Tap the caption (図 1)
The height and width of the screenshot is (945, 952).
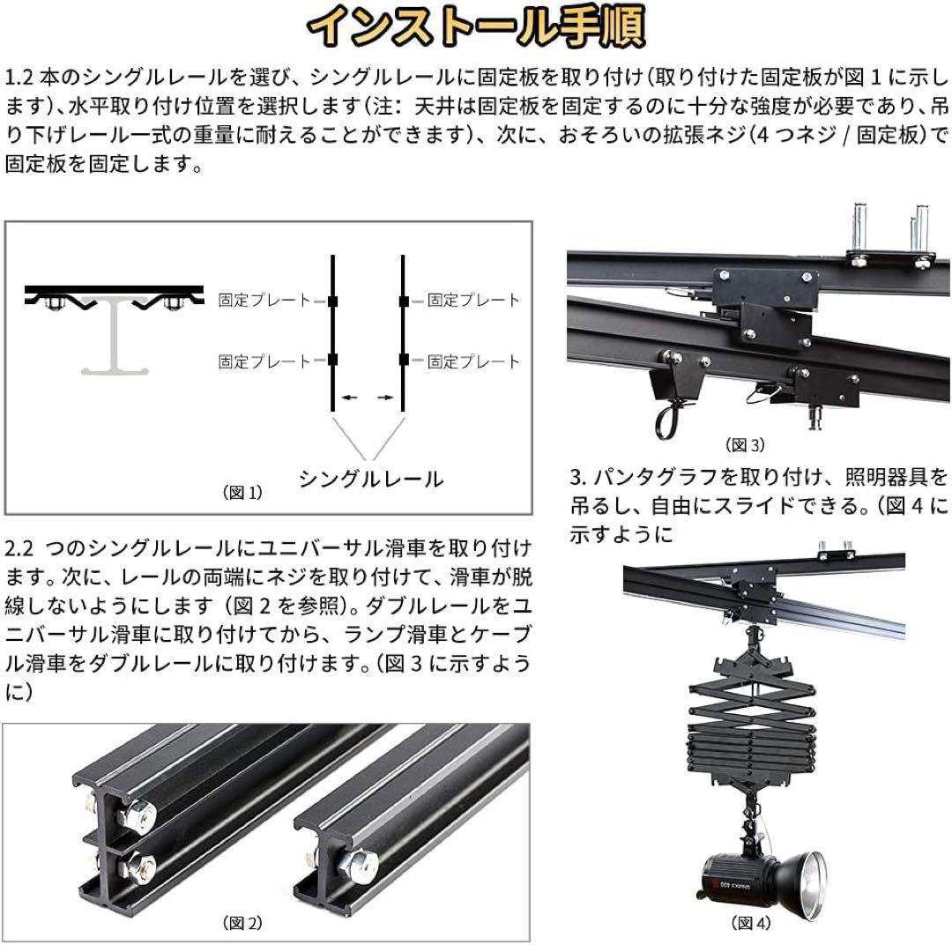tap(242, 493)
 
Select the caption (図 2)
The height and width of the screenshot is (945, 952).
tap(242, 923)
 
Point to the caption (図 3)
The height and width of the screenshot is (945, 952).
tap(745, 444)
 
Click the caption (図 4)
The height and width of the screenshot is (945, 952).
tap(750, 923)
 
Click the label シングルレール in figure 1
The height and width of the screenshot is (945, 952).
tap(370, 480)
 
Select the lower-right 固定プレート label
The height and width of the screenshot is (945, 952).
tap(474, 361)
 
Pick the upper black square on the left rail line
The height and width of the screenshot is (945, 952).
tap(332, 301)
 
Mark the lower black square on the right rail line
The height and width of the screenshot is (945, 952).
tap(403, 360)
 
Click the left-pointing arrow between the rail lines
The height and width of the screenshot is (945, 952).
tap(349, 398)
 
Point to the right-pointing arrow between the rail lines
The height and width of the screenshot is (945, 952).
tap(385, 398)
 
